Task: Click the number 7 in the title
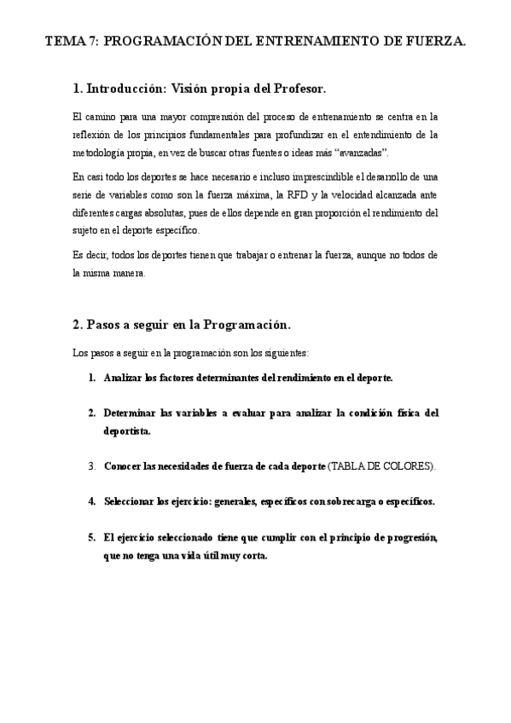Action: coord(91,41)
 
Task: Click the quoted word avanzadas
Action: coord(362,153)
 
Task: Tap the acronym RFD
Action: coord(276,194)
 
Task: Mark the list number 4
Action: coord(91,501)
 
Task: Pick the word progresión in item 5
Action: coord(405,537)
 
